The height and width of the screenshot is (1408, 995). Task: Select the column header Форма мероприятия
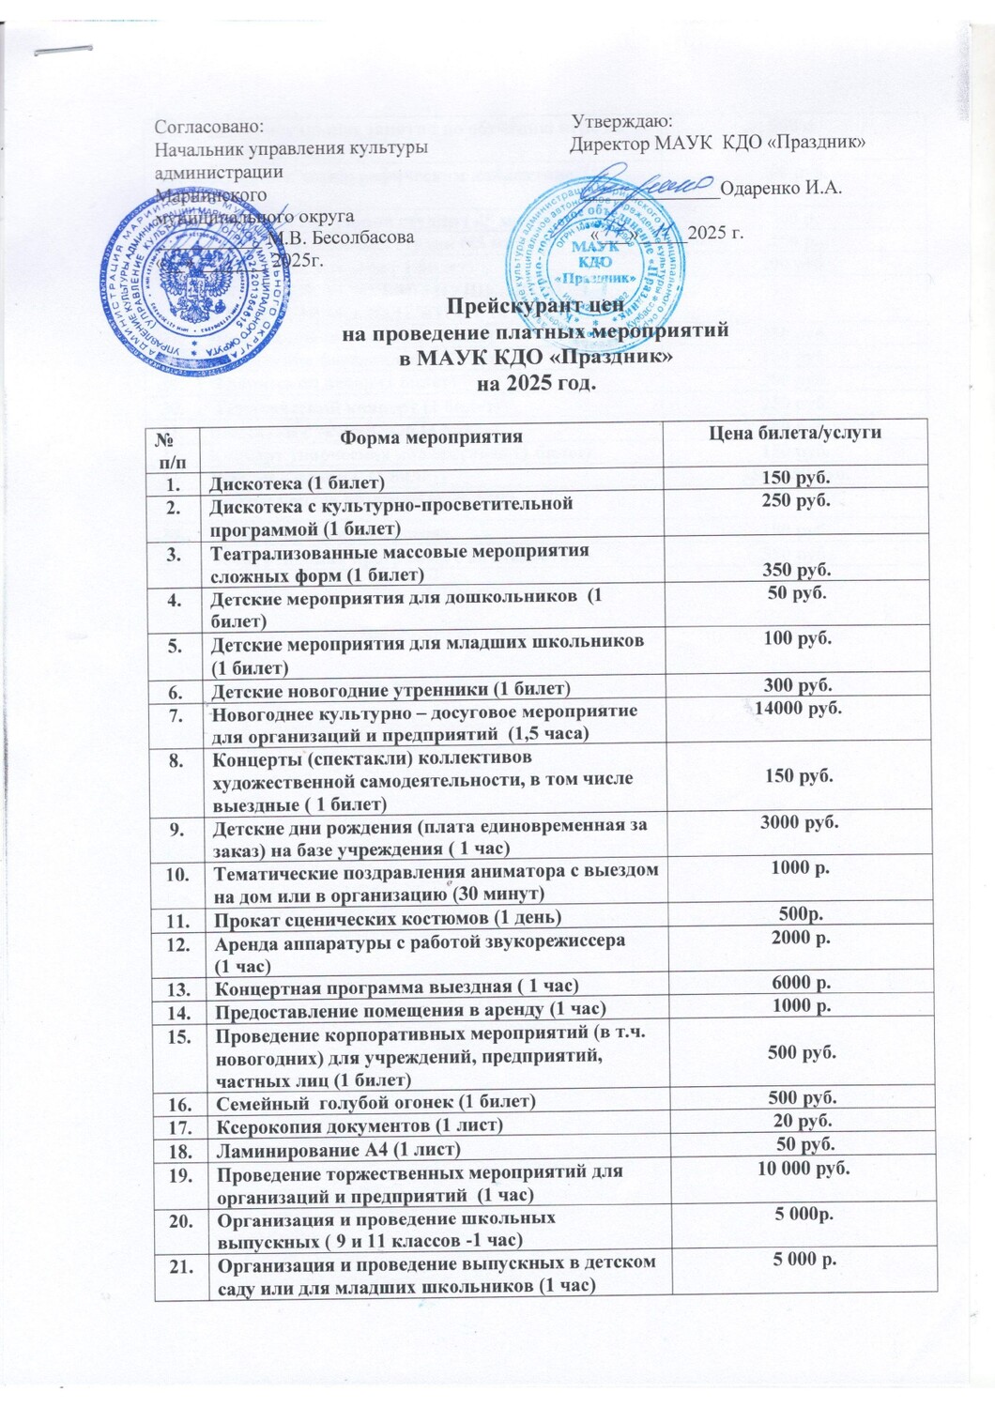(430, 436)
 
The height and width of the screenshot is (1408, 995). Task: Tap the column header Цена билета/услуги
(794, 432)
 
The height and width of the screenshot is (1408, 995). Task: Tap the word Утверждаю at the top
(620, 121)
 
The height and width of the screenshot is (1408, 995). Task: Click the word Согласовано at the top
(209, 126)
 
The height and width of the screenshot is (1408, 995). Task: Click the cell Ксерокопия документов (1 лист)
(360, 1124)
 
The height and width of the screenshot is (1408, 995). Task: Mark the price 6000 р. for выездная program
(800, 983)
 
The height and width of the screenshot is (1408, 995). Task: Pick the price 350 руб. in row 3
(800, 569)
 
